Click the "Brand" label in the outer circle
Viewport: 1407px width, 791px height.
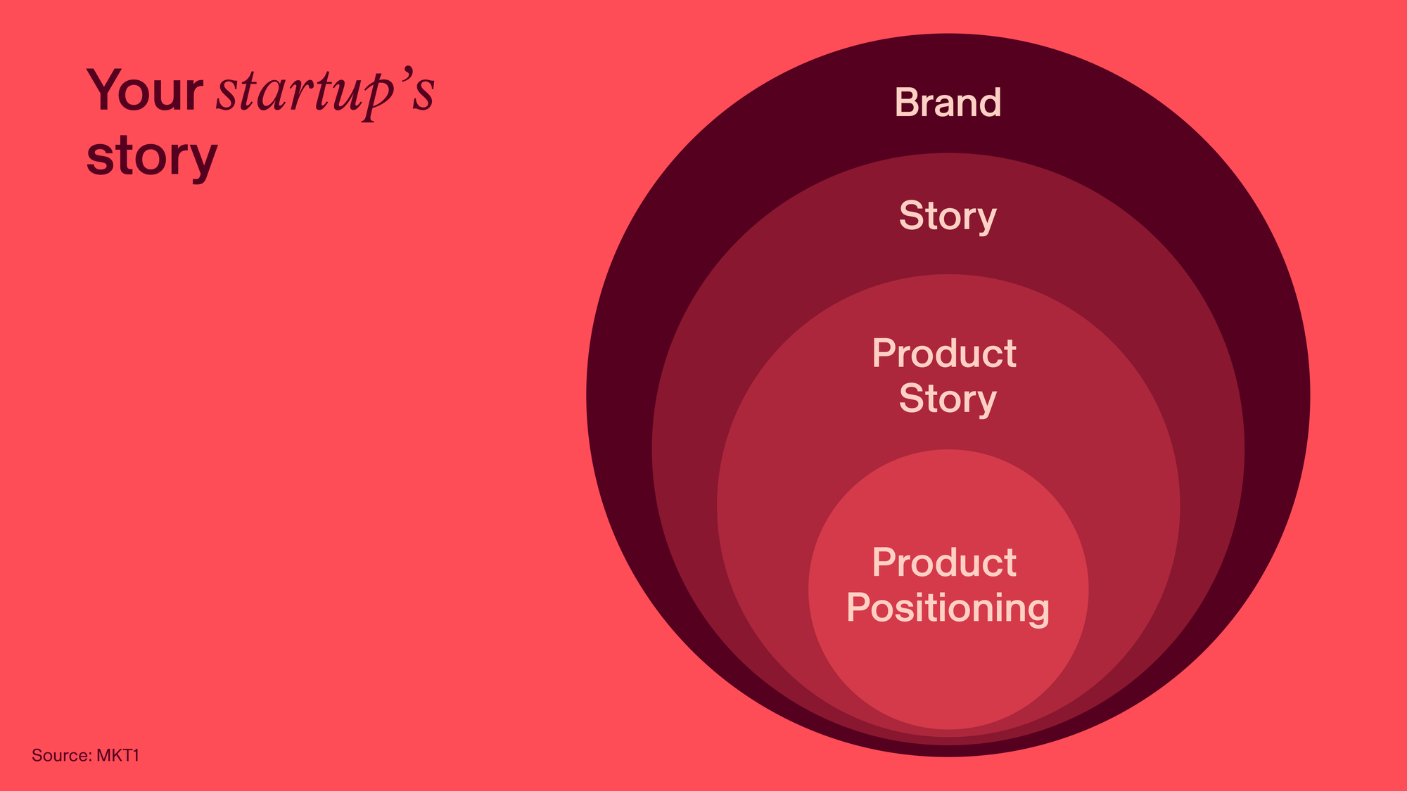click(948, 103)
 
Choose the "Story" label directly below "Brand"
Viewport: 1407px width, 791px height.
click(948, 217)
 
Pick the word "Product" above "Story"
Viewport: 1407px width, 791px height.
click(944, 353)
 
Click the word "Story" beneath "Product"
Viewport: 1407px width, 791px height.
click(948, 399)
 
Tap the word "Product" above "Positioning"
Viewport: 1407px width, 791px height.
click(944, 562)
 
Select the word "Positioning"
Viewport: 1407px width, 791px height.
click(948, 608)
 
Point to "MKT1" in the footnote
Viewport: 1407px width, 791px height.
click(118, 756)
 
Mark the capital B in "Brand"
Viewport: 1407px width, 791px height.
click(906, 103)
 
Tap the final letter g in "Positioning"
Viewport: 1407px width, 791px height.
click(1038, 612)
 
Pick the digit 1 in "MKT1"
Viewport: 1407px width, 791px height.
click(136, 756)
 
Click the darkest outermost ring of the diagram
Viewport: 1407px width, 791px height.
click(619, 394)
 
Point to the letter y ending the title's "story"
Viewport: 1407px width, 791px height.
click(205, 163)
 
